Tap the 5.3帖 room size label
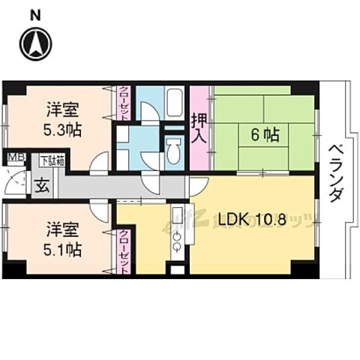pyautogui.click(x=62, y=129)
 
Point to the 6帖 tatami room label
pyautogui.click(x=265, y=136)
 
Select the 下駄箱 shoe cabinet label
pyautogui.click(x=52, y=159)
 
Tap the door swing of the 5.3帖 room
pyautogui.click(x=100, y=163)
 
